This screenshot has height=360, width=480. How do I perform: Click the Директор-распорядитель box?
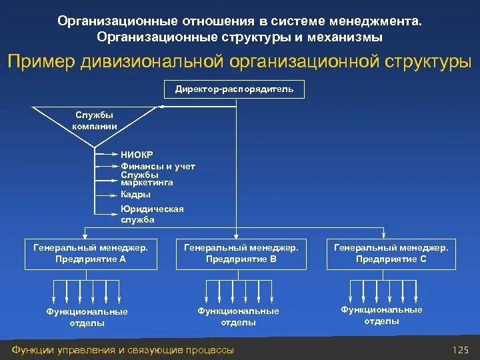[x=234, y=89]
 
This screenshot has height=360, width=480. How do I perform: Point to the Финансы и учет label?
[x=157, y=166]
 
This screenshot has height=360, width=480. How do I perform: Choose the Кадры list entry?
[x=135, y=195]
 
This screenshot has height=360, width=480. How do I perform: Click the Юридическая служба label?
[x=151, y=214]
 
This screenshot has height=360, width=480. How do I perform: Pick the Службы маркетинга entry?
[x=147, y=178]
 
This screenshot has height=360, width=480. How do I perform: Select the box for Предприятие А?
[x=91, y=253]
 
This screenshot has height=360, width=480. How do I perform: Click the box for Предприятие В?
[x=241, y=253]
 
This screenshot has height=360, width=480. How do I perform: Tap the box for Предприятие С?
[x=391, y=253]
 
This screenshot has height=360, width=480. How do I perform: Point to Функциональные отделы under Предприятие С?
[x=381, y=315]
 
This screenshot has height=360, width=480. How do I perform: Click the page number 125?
[x=461, y=350]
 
